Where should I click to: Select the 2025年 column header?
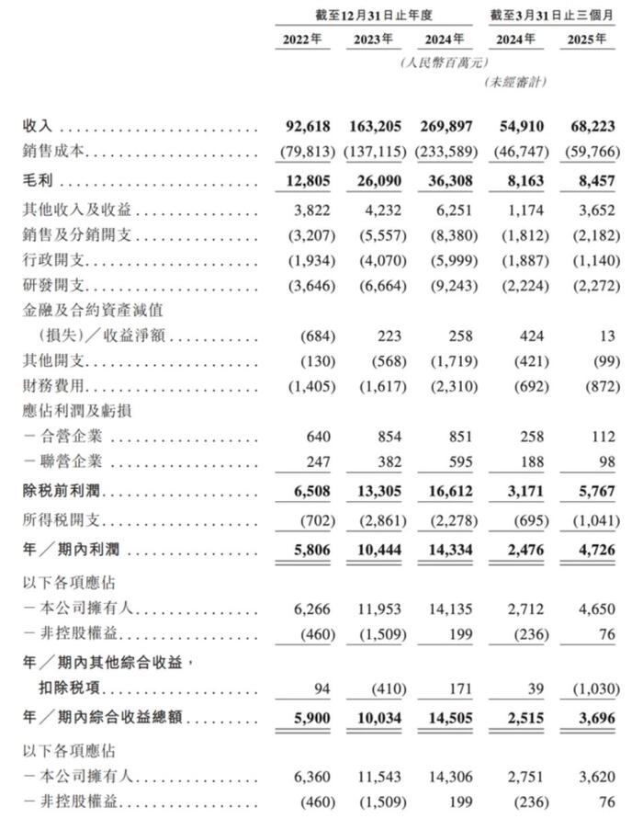pyautogui.click(x=587, y=40)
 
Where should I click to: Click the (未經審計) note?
pyautogui.click(x=514, y=83)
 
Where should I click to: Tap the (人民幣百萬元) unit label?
pyautogui.click(x=445, y=62)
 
